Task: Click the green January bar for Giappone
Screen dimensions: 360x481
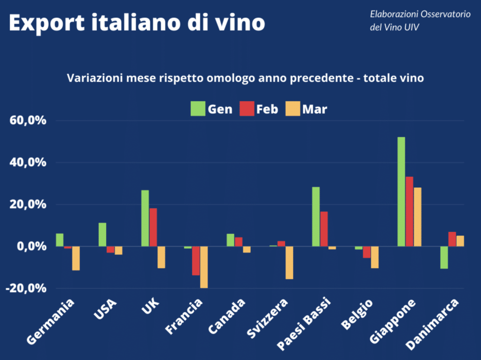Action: click(x=401, y=191)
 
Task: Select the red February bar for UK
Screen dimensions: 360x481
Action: click(x=153, y=227)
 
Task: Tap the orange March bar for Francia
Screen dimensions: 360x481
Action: click(x=204, y=267)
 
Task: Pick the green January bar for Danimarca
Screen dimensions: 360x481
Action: click(x=444, y=257)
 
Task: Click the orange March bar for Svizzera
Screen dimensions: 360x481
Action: click(x=289, y=263)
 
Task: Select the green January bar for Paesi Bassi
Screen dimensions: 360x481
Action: click(x=316, y=216)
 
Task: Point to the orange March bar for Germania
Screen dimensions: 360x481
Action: click(x=76, y=258)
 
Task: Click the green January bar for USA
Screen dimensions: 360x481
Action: click(x=102, y=234)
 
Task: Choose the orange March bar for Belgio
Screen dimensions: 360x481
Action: click(x=374, y=257)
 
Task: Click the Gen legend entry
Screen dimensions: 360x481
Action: click(x=211, y=109)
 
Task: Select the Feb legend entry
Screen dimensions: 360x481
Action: click(x=259, y=109)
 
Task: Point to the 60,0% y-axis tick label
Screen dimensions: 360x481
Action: click(x=28, y=121)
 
